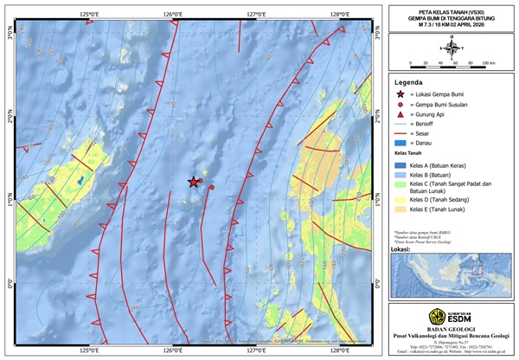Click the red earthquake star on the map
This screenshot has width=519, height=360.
point(194,182)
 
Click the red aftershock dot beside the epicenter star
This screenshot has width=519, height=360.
point(201,182)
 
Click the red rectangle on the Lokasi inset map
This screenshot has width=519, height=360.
point(474,270)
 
